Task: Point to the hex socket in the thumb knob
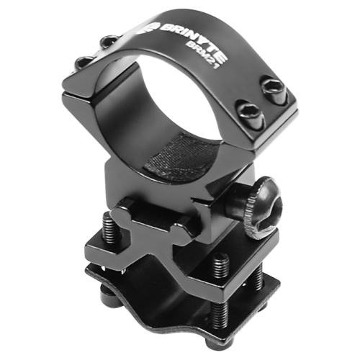(x=273, y=212)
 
